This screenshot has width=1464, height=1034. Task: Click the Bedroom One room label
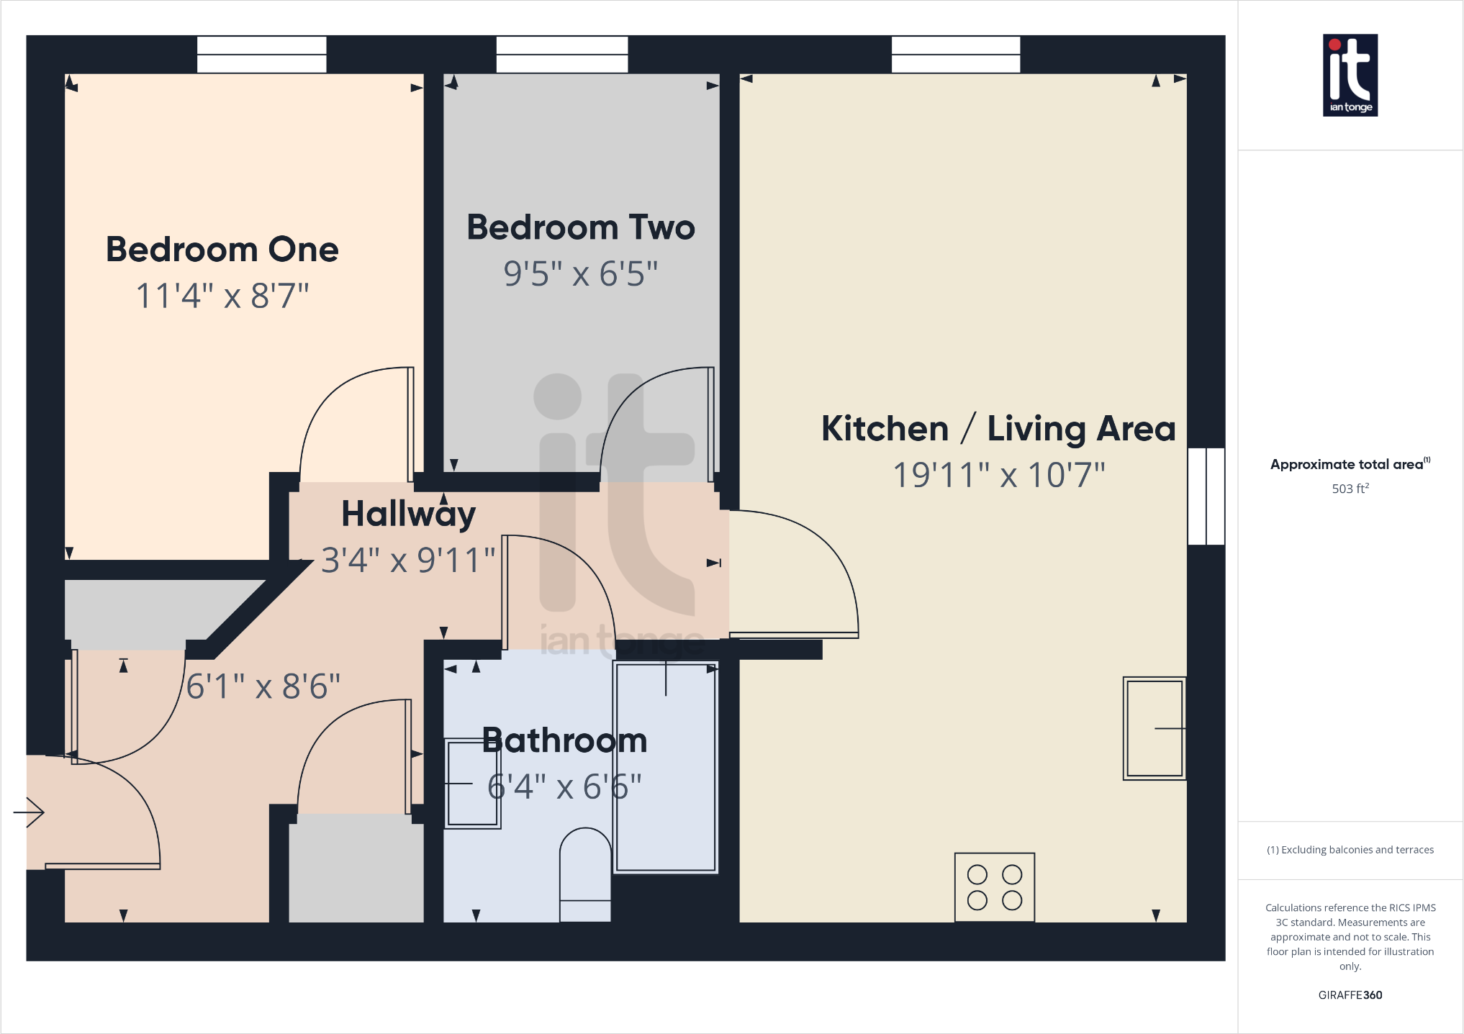point(222,250)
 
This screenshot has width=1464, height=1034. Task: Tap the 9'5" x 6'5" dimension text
point(580,274)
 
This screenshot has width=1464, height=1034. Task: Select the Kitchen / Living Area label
point(998,429)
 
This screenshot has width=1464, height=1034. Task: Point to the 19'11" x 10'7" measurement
point(998,475)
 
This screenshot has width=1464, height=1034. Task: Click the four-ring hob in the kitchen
point(994,887)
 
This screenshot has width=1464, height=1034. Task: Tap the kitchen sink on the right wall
point(1154,728)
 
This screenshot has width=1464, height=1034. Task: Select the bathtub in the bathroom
point(666,767)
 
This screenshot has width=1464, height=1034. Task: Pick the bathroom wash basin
point(471,784)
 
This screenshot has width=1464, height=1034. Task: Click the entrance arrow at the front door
point(30,812)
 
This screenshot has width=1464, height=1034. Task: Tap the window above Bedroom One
point(261,55)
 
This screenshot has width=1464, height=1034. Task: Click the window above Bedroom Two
point(561,55)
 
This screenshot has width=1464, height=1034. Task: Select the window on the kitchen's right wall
point(1206,496)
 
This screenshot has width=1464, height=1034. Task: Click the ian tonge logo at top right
point(1350,75)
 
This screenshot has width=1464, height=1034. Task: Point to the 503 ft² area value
point(1350,489)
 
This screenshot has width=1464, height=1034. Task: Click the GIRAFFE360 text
point(1350,995)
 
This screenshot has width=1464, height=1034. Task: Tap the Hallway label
point(408,514)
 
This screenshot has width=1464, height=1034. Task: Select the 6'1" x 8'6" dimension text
point(263,686)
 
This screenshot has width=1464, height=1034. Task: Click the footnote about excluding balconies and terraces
point(1350,850)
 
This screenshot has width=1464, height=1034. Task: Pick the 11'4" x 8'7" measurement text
point(222,296)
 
